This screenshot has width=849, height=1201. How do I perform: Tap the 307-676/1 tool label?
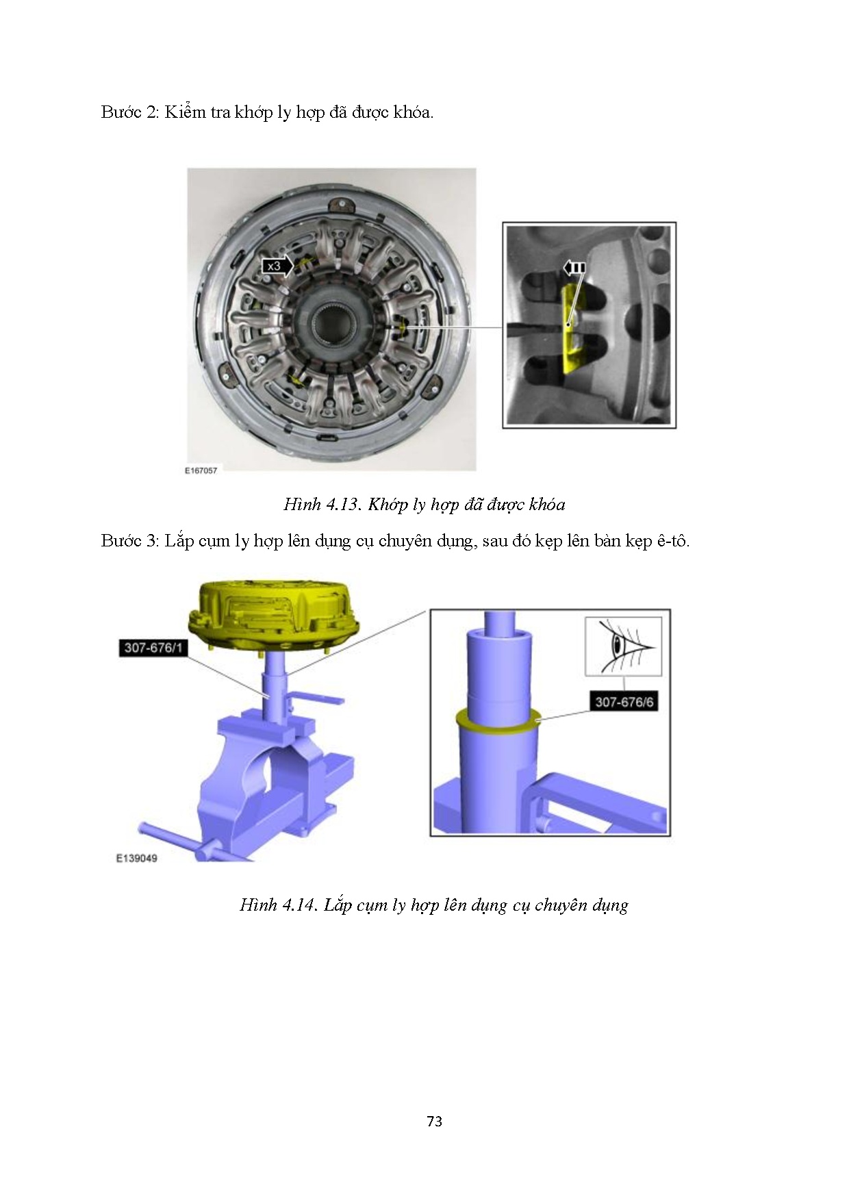(x=153, y=647)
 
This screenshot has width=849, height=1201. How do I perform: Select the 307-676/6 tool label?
(x=622, y=701)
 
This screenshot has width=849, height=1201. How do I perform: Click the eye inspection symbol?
(x=624, y=646)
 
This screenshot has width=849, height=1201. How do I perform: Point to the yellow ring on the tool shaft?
(x=498, y=720)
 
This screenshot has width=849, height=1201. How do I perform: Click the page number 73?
(x=434, y=1122)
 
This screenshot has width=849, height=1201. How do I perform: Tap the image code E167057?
(x=201, y=470)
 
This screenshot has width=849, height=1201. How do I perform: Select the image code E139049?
(x=136, y=858)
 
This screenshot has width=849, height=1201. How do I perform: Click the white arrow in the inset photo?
(x=574, y=267)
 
